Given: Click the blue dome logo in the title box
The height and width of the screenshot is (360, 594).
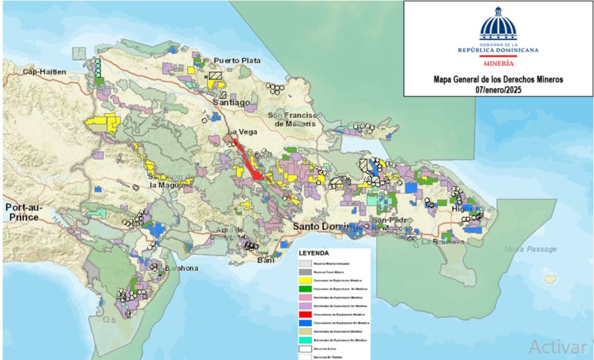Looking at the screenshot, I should click(498, 25).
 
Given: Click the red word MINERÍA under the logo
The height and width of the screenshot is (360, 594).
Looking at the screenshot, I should click(498, 65).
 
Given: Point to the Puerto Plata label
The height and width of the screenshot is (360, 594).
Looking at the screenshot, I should click(238, 61).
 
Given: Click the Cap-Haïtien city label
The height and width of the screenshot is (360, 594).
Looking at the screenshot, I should click(44, 72).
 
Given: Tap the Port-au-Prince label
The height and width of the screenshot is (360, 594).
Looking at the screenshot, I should click(27, 212).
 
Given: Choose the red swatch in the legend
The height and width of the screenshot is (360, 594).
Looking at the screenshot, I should click(305, 315).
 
